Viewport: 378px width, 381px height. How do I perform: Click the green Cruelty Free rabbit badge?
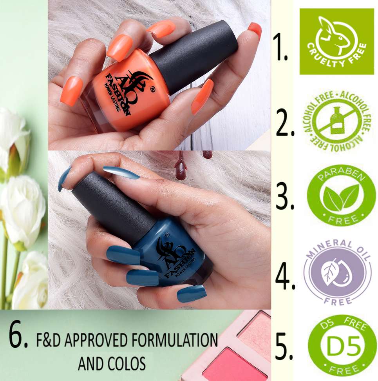337,41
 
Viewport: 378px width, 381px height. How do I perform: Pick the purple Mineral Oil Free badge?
337,272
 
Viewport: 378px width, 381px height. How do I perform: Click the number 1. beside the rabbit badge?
280,47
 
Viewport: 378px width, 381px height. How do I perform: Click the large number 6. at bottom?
18,336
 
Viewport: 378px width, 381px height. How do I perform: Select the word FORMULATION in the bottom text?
174,340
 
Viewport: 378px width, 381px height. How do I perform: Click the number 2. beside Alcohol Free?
285,122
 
